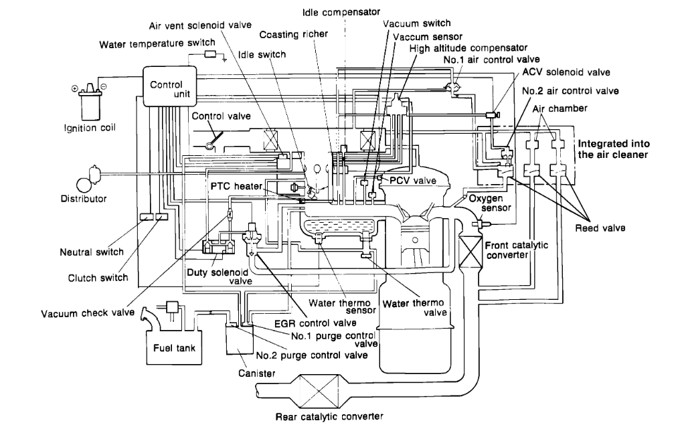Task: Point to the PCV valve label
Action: (414, 181)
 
